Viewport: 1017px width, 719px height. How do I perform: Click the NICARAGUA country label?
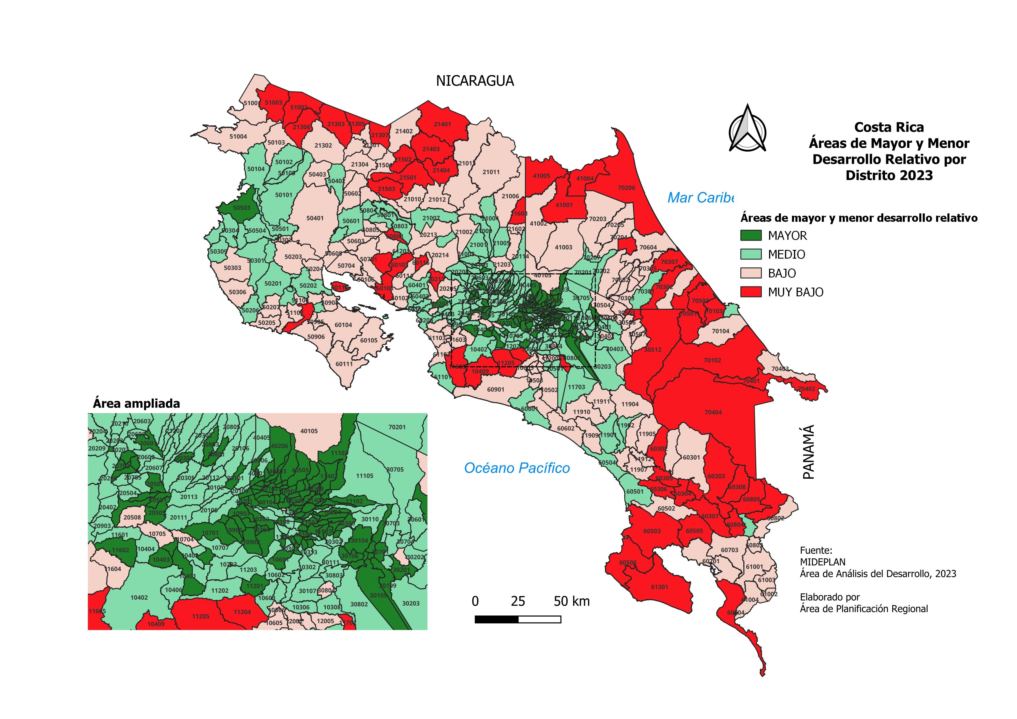tap(475, 81)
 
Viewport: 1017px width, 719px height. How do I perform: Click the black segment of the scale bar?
tap(496, 619)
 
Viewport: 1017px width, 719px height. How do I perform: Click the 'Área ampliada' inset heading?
tap(136, 404)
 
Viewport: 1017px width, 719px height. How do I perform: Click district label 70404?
tap(713, 412)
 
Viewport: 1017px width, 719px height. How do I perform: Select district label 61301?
tap(659, 587)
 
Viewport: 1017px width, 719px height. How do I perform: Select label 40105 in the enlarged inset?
tap(309, 431)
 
